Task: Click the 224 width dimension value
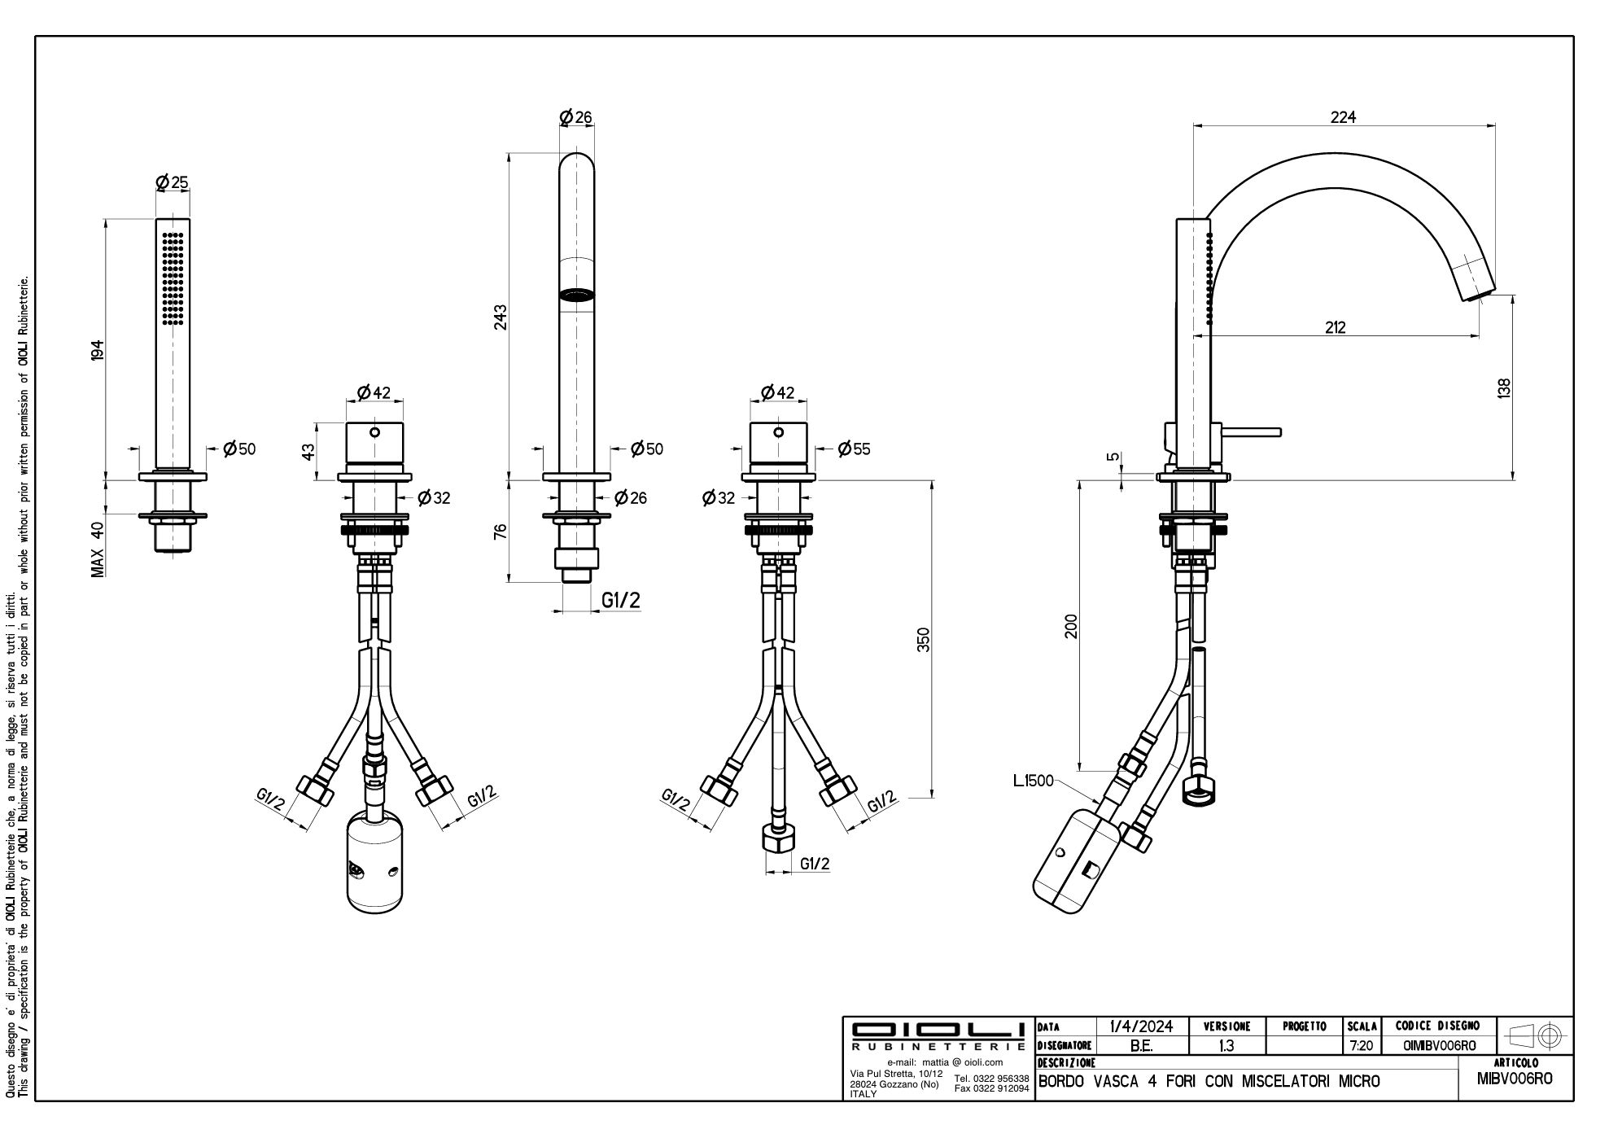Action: [x=1343, y=116]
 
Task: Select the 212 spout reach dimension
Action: [x=1336, y=327]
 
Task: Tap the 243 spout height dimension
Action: [x=501, y=317]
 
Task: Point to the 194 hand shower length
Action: [x=98, y=350]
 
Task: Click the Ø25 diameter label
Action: [x=173, y=182]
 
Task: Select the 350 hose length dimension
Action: [x=923, y=639]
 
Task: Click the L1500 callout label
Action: [x=1033, y=781]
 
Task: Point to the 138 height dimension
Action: [x=1503, y=387]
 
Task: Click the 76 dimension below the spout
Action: [x=501, y=531]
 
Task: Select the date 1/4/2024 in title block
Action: [x=1140, y=1026]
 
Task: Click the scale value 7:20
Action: [x=1362, y=1046]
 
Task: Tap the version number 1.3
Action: [x=1226, y=1046]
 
